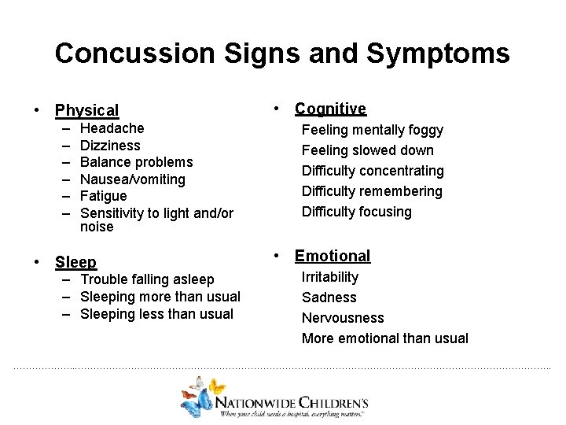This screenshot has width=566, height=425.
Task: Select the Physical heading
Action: click(86, 110)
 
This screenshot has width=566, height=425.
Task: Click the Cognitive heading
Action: click(330, 109)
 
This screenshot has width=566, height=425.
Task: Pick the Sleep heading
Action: click(75, 262)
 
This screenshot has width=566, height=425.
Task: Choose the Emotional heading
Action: click(332, 256)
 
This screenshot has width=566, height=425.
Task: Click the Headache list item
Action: click(112, 128)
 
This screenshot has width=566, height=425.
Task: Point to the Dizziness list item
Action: click(110, 146)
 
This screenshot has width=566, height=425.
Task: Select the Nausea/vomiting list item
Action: click(133, 179)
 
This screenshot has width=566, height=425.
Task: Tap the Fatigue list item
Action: click(103, 196)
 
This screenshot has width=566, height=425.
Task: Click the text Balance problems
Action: click(136, 162)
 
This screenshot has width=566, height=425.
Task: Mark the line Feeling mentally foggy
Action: click(373, 130)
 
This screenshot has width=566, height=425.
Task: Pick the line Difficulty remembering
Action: click(372, 191)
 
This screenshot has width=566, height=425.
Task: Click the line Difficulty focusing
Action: click(357, 212)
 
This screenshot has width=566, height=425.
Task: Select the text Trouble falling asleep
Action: click(147, 279)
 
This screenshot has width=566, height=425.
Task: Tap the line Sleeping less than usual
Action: click(156, 314)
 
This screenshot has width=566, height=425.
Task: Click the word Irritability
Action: click(330, 277)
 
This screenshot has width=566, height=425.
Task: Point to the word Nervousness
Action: click(343, 318)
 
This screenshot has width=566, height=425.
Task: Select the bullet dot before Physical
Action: click(37, 111)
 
